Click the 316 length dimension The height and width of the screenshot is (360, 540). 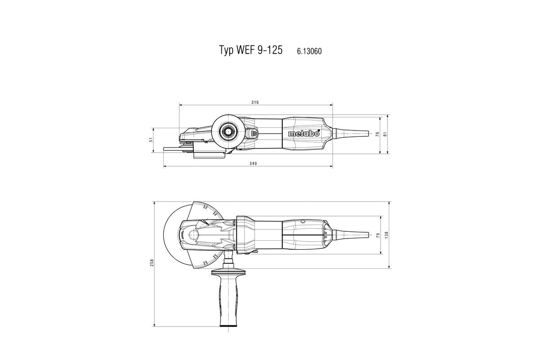click(255, 102)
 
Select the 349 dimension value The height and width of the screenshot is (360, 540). click(253, 164)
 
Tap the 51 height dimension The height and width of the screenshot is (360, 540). click(152, 140)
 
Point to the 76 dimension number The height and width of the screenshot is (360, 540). click(378, 134)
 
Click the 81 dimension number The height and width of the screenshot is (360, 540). click(386, 134)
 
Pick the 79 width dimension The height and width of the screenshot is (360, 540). click(378, 235)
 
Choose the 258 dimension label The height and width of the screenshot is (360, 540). click(152, 262)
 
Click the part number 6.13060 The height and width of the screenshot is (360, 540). click(309, 51)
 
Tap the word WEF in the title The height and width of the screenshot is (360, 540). click(245, 50)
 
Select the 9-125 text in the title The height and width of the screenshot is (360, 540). click(270, 50)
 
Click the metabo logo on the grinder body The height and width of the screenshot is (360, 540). click(303, 134)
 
